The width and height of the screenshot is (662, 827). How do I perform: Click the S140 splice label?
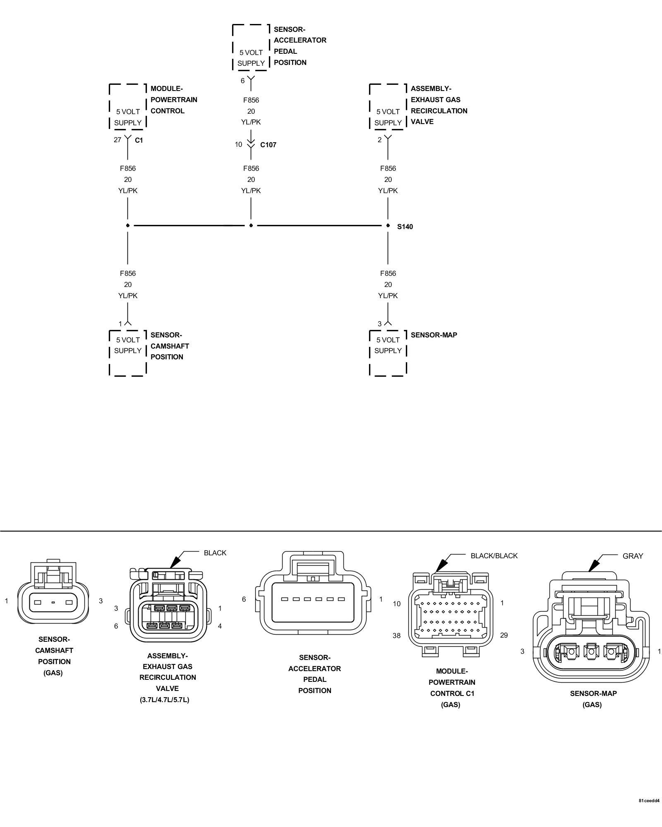click(x=405, y=227)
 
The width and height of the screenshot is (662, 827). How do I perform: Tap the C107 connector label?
click(x=268, y=145)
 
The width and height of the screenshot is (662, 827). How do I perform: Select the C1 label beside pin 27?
click(x=139, y=140)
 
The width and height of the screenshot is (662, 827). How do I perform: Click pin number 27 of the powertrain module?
click(x=118, y=140)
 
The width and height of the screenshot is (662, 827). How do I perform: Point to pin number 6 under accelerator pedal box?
click(x=243, y=81)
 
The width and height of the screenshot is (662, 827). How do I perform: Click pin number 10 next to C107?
click(x=238, y=144)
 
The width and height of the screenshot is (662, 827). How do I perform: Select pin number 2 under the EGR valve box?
click(x=379, y=140)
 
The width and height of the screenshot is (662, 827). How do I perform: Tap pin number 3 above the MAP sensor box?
click(x=379, y=324)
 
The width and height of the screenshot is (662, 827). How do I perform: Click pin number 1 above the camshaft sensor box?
click(x=120, y=324)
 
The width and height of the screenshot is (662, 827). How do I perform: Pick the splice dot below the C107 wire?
click(x=251, y=225)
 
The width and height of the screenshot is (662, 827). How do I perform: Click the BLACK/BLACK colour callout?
click(x=494, y=556)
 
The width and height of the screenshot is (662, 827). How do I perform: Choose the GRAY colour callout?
click(x=633, y=556)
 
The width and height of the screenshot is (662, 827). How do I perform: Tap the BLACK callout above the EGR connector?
click(x=215, y=553)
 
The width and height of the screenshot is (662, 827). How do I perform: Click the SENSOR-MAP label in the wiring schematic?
click(x=434, y=335)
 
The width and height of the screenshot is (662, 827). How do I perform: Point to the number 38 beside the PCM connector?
click(x=396, y=636)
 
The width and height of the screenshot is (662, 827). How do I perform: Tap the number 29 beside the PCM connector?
click(x=504, y=635)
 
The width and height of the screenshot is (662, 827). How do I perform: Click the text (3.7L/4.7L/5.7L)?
click(x=164, y=700)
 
